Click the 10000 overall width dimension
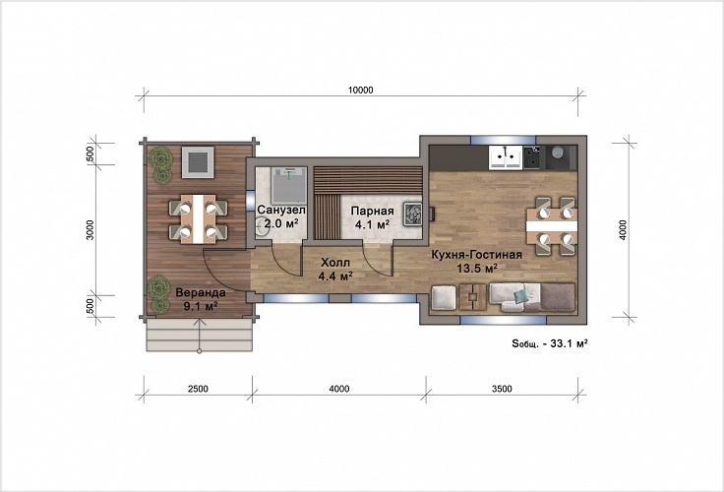(x=360, y=91)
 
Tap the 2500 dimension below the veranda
(x=198, y=389)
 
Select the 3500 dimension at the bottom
(x=502, y=389)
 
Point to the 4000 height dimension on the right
(x=623, y=229)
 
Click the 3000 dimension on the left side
(x=90, y=229)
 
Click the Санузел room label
(x=281, y=211)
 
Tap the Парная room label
(x=372, y=212)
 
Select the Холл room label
(x=335, y=263)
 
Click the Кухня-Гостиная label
(x=476, y=255)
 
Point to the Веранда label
(x=201, y=292)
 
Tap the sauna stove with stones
(x=413, y=215)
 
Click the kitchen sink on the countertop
(x=506, y=156)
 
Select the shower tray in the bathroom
(x=288, y=186)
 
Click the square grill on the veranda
(x=198, y=162)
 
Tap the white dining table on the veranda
(x=198, y=219)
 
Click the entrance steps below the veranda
(x=199, y=335)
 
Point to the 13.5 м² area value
(x=477, y=268)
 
